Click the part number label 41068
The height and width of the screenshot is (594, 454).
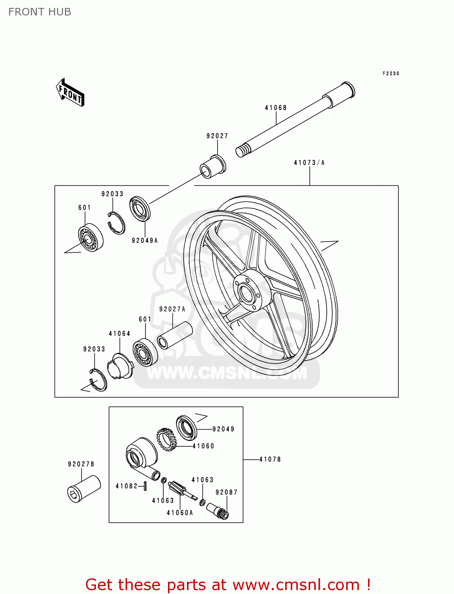pos(276,108)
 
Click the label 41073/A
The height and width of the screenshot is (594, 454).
pos(309,163)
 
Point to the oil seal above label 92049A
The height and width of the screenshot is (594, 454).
pos(140,208)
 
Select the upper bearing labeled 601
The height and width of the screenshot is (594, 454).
pos(90,238)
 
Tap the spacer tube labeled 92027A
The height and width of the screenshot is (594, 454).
pos(175,335)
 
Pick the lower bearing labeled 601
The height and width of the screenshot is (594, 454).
pos(145,352)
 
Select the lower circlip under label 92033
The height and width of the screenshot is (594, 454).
pos(98,380)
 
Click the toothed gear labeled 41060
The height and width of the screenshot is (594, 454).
pos(166,439)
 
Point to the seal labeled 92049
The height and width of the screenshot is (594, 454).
pos(186,427)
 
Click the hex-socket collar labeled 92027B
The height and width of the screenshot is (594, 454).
pos(84,489)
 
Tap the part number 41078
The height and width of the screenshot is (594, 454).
pos(270,459)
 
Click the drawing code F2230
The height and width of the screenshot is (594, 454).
pos(391,74)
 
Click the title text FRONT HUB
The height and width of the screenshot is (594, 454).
pos(40,12)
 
